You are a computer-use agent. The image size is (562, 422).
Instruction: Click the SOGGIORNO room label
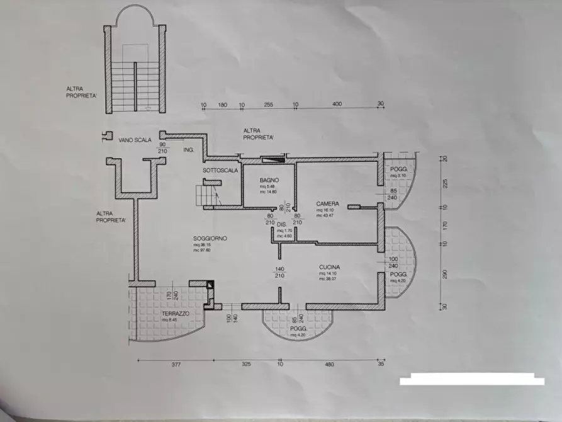pyautogui.click(x=211, y=238)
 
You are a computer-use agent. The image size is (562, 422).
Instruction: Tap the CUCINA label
pyautogui.click(x=331, y=266)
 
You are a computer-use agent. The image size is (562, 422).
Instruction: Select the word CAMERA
pyautogui.click(x=328, y=203)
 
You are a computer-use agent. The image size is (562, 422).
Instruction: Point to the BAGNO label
pyautogui.click(x=269, y=180)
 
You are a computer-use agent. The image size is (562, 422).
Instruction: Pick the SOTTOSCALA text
pyautogui.click(x=220, y=171)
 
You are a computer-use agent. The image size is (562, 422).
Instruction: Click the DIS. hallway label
pyautogui.click(x=281, y=224)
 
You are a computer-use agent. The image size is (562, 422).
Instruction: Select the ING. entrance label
pyautogui.click(x=188, y=151)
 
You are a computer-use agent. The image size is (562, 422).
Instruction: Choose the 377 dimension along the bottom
pyautogui.click(x=176, y=364)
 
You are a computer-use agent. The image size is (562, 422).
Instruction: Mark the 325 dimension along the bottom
pyautogui.click(x=246, y=364)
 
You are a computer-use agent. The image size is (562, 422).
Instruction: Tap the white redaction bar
pyautogui.click(x=472, y=380)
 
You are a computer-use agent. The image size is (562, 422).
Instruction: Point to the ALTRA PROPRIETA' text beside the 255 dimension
pyautogui.click(x=259, y=134)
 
